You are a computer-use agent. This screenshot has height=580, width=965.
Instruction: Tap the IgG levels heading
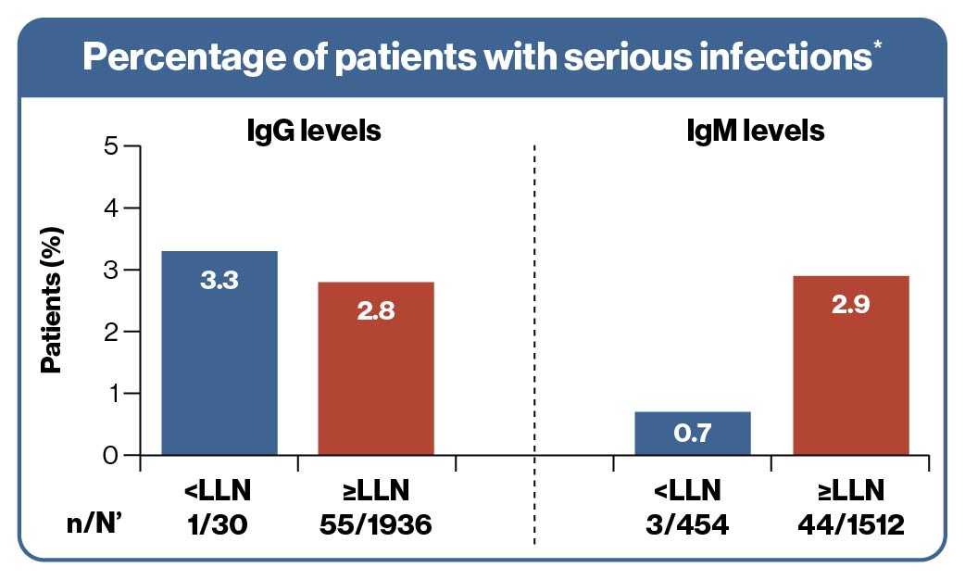pyautogui.click(x=307, y=131)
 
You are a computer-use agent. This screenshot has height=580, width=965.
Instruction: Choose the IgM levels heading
pyautogui.click(x=750, y=131)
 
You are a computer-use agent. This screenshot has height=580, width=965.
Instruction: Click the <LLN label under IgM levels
pyautogui.click(x=692, y=489)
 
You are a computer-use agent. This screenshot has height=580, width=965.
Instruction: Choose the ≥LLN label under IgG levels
pyautogui.click(x=376, y=489)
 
